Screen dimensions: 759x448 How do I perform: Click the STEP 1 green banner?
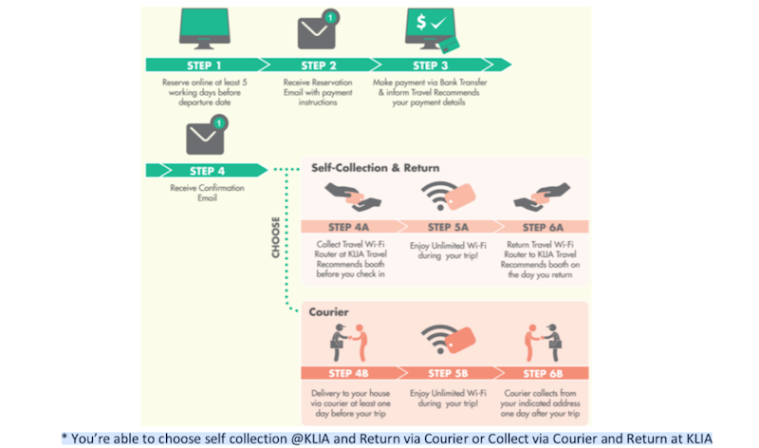206,65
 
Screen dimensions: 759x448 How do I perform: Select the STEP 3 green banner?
433,65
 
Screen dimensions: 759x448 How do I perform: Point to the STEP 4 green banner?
201,171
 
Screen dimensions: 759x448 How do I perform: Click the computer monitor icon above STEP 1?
206,29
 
